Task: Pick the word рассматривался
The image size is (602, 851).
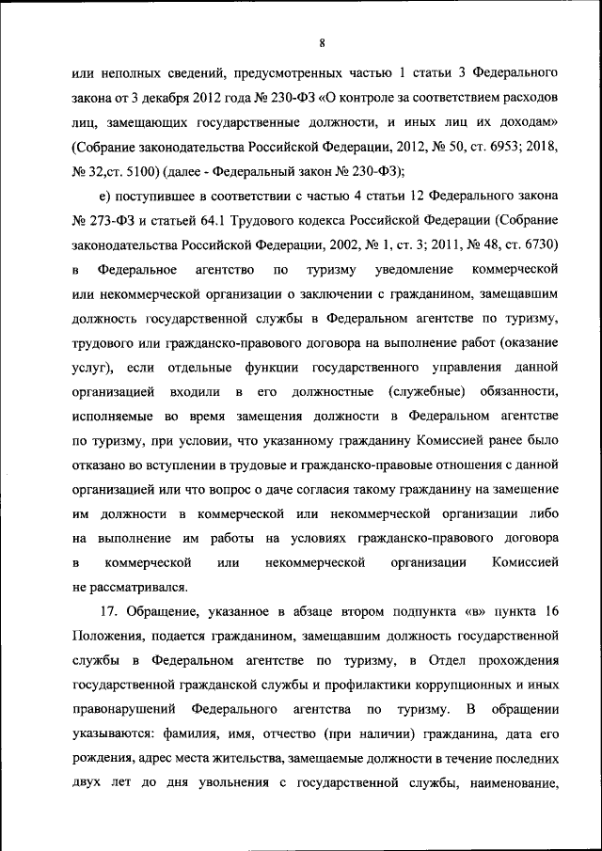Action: (x=138, y=586)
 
